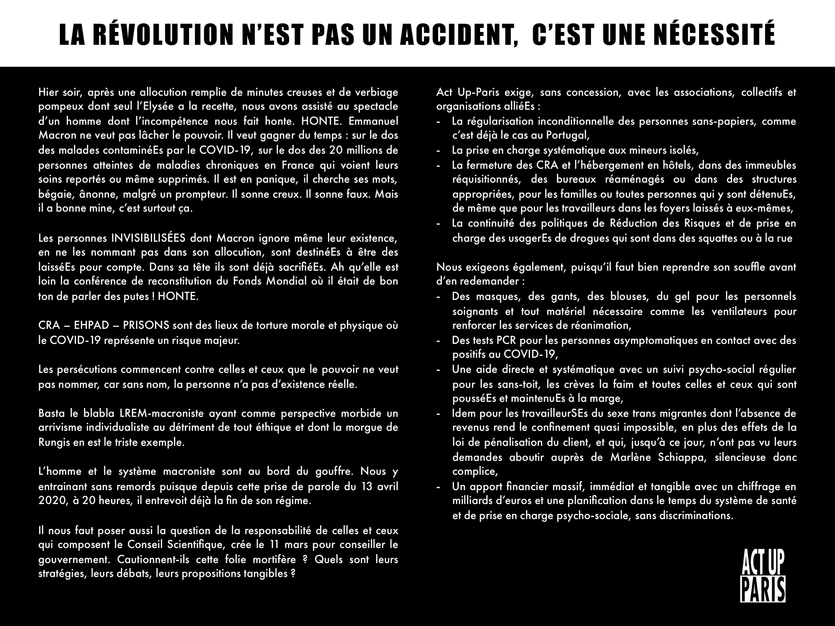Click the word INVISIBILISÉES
[x=148, y=238]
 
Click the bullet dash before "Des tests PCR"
[x=438, y=341]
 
